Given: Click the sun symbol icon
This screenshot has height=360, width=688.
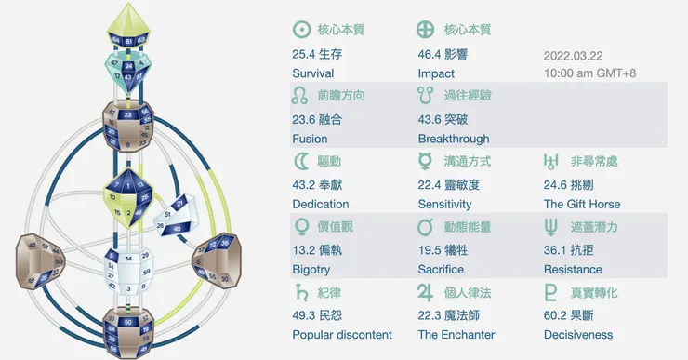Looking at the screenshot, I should (x=301, y=29).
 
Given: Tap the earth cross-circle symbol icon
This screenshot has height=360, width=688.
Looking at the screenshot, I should (x=427, y=29).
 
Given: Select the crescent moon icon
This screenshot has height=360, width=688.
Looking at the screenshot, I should (x=300, y=162).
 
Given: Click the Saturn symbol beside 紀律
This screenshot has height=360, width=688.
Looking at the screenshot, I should (x=300, y=293).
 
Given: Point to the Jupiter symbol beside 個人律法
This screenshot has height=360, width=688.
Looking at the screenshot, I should (x=427, y=293).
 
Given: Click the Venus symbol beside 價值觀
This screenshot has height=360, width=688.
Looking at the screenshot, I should (x=300, y=227).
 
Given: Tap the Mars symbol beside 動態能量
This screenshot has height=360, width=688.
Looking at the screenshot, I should (x=427, y=227).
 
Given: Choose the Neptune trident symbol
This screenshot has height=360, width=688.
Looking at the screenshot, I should (x=552, y=227).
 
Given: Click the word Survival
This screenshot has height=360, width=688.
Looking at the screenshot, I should (x=312, y=73).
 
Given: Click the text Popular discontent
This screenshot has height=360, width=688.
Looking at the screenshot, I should (x=342, y=335).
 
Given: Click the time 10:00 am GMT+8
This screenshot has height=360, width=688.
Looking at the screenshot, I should (x=592, y=73).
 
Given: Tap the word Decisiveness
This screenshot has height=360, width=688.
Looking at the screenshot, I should (x=578, y=335).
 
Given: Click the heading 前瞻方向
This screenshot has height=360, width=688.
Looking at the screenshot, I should (x=340, y=95).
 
